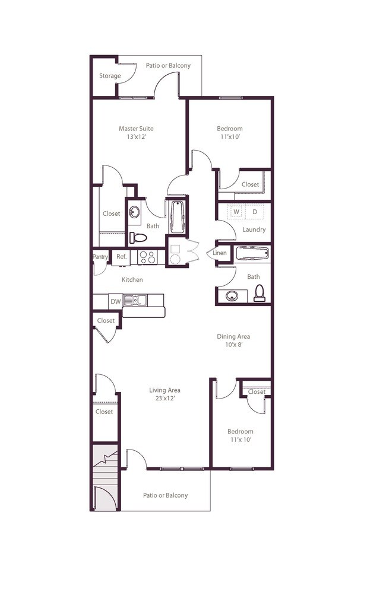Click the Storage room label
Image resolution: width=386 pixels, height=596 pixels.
110,76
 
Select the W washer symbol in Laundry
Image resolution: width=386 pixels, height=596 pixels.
236,212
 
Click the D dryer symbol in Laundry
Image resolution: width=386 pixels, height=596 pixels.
255,212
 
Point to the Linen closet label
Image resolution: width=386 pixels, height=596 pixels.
220,253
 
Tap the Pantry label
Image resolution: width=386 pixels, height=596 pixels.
100,257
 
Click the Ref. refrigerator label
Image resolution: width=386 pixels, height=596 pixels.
122,257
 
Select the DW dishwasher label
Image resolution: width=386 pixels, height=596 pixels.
115,302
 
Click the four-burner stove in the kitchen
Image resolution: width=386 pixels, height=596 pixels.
147,257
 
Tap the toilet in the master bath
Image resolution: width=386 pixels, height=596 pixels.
138,238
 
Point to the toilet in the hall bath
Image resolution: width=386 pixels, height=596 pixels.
260,293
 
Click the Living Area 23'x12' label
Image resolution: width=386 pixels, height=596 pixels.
164,394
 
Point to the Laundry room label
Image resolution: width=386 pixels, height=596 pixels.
254,230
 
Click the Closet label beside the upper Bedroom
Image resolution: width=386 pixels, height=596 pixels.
250,184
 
